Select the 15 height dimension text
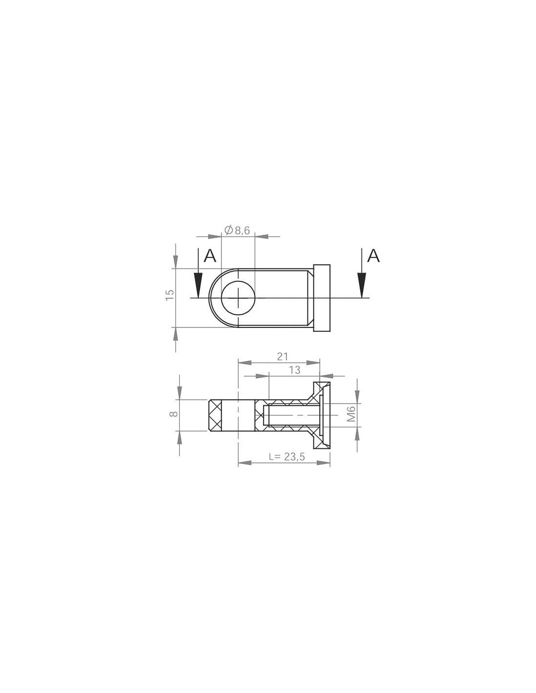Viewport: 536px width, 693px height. coord(170,294)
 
